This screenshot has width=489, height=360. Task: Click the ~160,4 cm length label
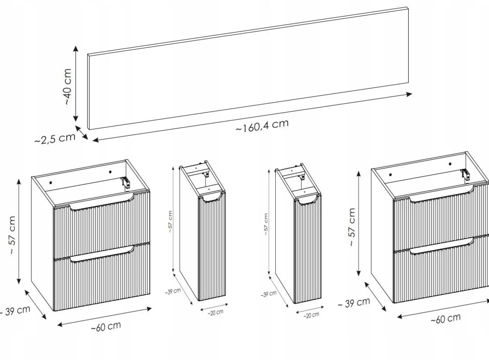tap(262, 126)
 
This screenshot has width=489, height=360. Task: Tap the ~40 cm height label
tap(68, 86)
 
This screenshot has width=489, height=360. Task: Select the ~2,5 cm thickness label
tap(55, 139)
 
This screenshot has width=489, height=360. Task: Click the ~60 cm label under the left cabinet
tap(106, 326)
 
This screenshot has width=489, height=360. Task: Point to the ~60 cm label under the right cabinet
tap(445, 318)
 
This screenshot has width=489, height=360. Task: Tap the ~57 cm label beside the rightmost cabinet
tap(352, 227)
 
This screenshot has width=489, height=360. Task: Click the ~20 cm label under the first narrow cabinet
tap(215, 312)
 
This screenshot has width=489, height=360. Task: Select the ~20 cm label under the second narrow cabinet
tap(311, 315)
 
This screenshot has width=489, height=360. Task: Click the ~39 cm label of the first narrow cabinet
tap(173, 291)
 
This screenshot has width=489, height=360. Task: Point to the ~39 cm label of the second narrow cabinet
tap(269, 294)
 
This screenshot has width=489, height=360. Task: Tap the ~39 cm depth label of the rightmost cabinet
tap(354, 303)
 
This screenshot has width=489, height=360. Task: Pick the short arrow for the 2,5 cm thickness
tap(81, 132)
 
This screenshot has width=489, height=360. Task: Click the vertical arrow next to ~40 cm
tap(76, 84)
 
